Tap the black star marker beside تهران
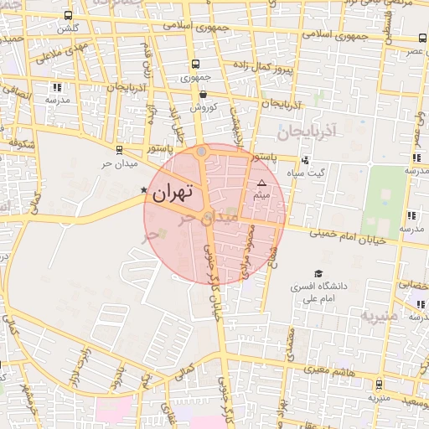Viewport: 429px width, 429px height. click(144, 190)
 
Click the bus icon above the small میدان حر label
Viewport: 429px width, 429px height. click(118, 151)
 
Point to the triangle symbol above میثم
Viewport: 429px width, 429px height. click(261, 182)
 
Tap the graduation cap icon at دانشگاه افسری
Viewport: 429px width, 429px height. click(318, 273)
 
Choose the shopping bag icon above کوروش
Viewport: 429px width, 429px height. click(204, 95)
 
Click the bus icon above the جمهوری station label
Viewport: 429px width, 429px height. click(195, 64)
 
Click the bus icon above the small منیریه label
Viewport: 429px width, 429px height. click(380, 385)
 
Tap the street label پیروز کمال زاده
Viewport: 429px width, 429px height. click(265, 65)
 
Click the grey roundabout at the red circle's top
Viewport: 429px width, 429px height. click(202, 152)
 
